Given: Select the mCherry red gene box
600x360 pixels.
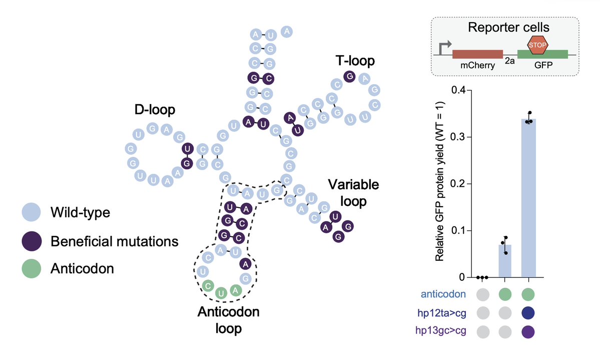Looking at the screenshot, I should tap(477, 54).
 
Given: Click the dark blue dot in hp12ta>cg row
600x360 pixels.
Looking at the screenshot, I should tap(529, 313).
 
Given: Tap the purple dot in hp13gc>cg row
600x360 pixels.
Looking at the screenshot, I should tap(529, 331).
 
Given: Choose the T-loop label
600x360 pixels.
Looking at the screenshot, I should tap(355, 61).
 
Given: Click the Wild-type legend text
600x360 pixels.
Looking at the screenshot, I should tap(80, 213).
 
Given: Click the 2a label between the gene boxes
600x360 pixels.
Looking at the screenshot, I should tap(510, 61).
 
